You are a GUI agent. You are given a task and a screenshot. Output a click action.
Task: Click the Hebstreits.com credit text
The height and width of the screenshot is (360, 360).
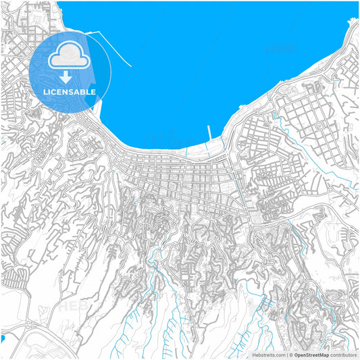coord(269,354)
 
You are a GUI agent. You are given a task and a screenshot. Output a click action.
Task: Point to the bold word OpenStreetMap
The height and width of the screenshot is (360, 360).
coord(317,354)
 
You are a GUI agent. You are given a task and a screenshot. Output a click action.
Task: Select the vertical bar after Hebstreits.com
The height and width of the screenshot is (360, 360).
coord(286,354)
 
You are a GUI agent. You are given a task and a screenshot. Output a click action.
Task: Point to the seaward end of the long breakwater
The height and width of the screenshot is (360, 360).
coord(130,66)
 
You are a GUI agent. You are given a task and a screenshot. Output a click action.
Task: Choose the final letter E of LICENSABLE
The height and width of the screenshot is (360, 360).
coord(93,91)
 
